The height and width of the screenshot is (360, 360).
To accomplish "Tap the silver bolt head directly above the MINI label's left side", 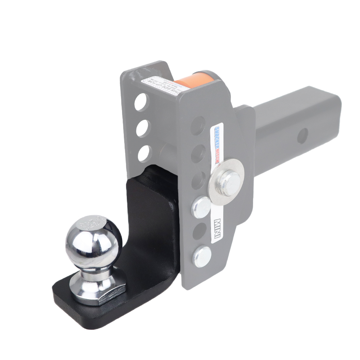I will pyautogui.click(x=201, y=207).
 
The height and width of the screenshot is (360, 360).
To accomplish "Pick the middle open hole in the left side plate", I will pyautogui.click(x=143, y=127).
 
